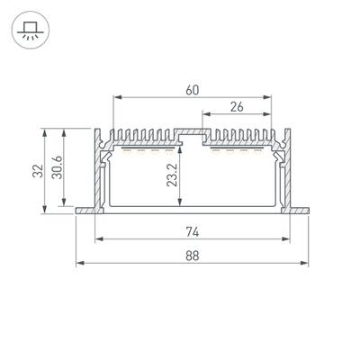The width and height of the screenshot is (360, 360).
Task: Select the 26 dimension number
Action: pos(236,106)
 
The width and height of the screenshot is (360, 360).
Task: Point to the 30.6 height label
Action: pos(57,168)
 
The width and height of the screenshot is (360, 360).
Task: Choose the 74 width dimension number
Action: pos(193,230)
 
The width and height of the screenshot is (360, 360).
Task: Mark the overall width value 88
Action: pos(193,255)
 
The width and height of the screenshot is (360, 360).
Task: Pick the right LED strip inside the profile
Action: pos(238,152)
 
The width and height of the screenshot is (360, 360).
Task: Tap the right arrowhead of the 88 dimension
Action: pos(305,264)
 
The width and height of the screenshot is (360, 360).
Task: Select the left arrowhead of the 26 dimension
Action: pos(205,115)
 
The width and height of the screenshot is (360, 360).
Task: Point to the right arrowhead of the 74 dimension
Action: pos(287,239)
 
